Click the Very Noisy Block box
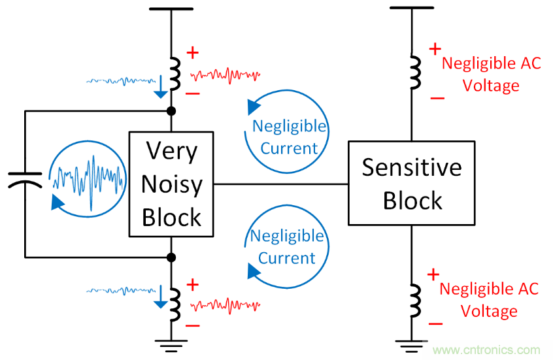[x=171, y=184]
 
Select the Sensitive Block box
[x=412, y=184]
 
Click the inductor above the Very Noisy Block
[x=173, y=73]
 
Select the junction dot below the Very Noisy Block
[x=171, y=257]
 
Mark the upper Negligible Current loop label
[x=289, y=137]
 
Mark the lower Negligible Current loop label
[x=287, y=246]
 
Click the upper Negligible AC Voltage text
[x=490, y=74]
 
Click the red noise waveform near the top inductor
[x=226, y=74]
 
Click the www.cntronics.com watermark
[x=489, y=349]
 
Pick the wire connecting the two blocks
[x=281, y=184]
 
